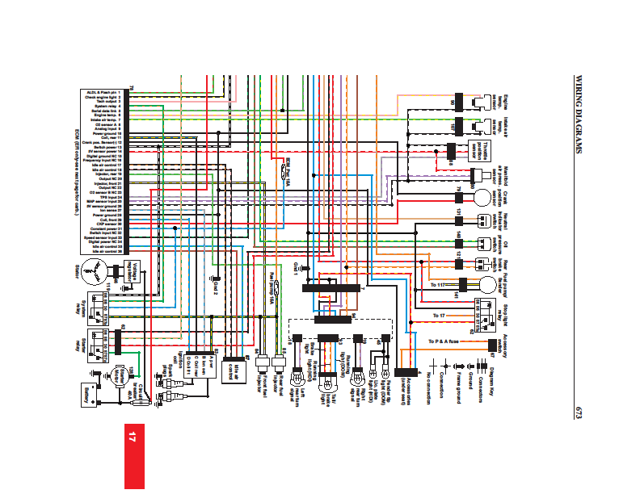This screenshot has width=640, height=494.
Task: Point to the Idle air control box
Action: point(232,369)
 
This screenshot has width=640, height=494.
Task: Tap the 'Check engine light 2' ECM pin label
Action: point(102,97)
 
